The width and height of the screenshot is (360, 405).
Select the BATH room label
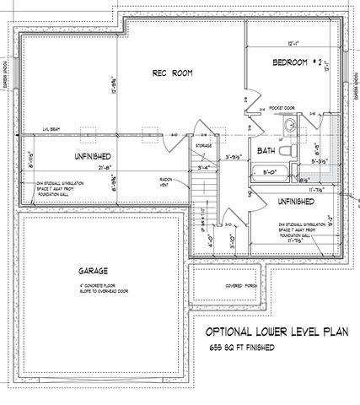pyautogui.click(x=266, y=152)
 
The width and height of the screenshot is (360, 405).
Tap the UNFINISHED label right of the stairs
pyautogui.click(x=293, y=202)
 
